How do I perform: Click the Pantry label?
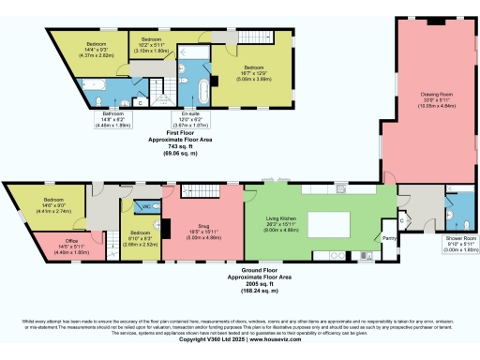pyautogui.click(x=388, y=238)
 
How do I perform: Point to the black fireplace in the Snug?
pyautogui.click(x=167, y=228)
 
